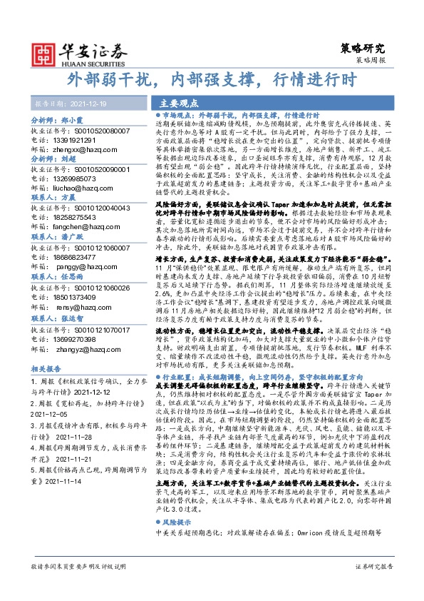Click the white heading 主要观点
tap(177, 102)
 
